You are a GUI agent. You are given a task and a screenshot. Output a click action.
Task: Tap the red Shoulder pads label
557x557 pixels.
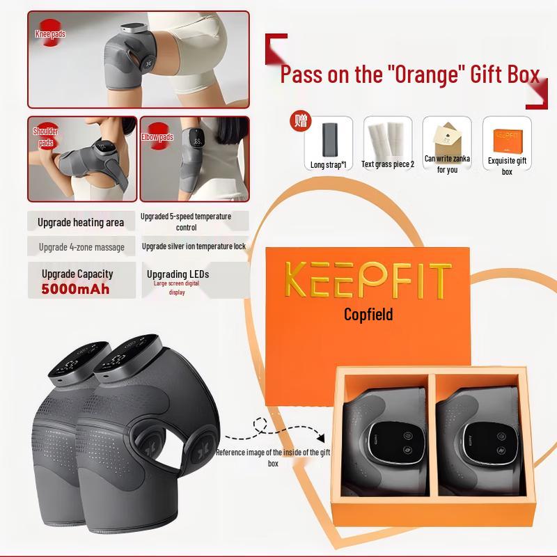tap(46, 136)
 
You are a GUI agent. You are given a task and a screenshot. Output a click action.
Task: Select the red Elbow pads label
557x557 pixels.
tap(157, 137)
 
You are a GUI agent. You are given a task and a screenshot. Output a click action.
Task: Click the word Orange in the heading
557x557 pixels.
tap(426, 74)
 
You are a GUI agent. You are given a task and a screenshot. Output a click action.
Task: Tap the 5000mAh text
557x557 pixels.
tap(75, 288)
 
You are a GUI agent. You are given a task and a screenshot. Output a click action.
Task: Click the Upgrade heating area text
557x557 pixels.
tap(81, 222)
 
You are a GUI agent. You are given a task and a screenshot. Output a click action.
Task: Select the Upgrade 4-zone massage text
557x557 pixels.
tap(81, 246)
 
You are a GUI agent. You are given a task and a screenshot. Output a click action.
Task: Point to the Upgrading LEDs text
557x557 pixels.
tap(178, 274)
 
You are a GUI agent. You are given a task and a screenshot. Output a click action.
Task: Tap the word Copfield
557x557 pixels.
tap(368, 315)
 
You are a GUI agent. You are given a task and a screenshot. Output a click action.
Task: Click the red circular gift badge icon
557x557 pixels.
tap(301, 120)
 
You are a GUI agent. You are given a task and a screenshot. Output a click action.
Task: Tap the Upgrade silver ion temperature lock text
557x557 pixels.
tap(194, 246)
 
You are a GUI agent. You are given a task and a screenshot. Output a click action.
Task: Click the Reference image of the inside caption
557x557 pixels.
tap(273, 457)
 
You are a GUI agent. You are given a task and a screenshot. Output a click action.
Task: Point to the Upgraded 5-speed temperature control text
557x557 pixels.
tap(185, 221)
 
